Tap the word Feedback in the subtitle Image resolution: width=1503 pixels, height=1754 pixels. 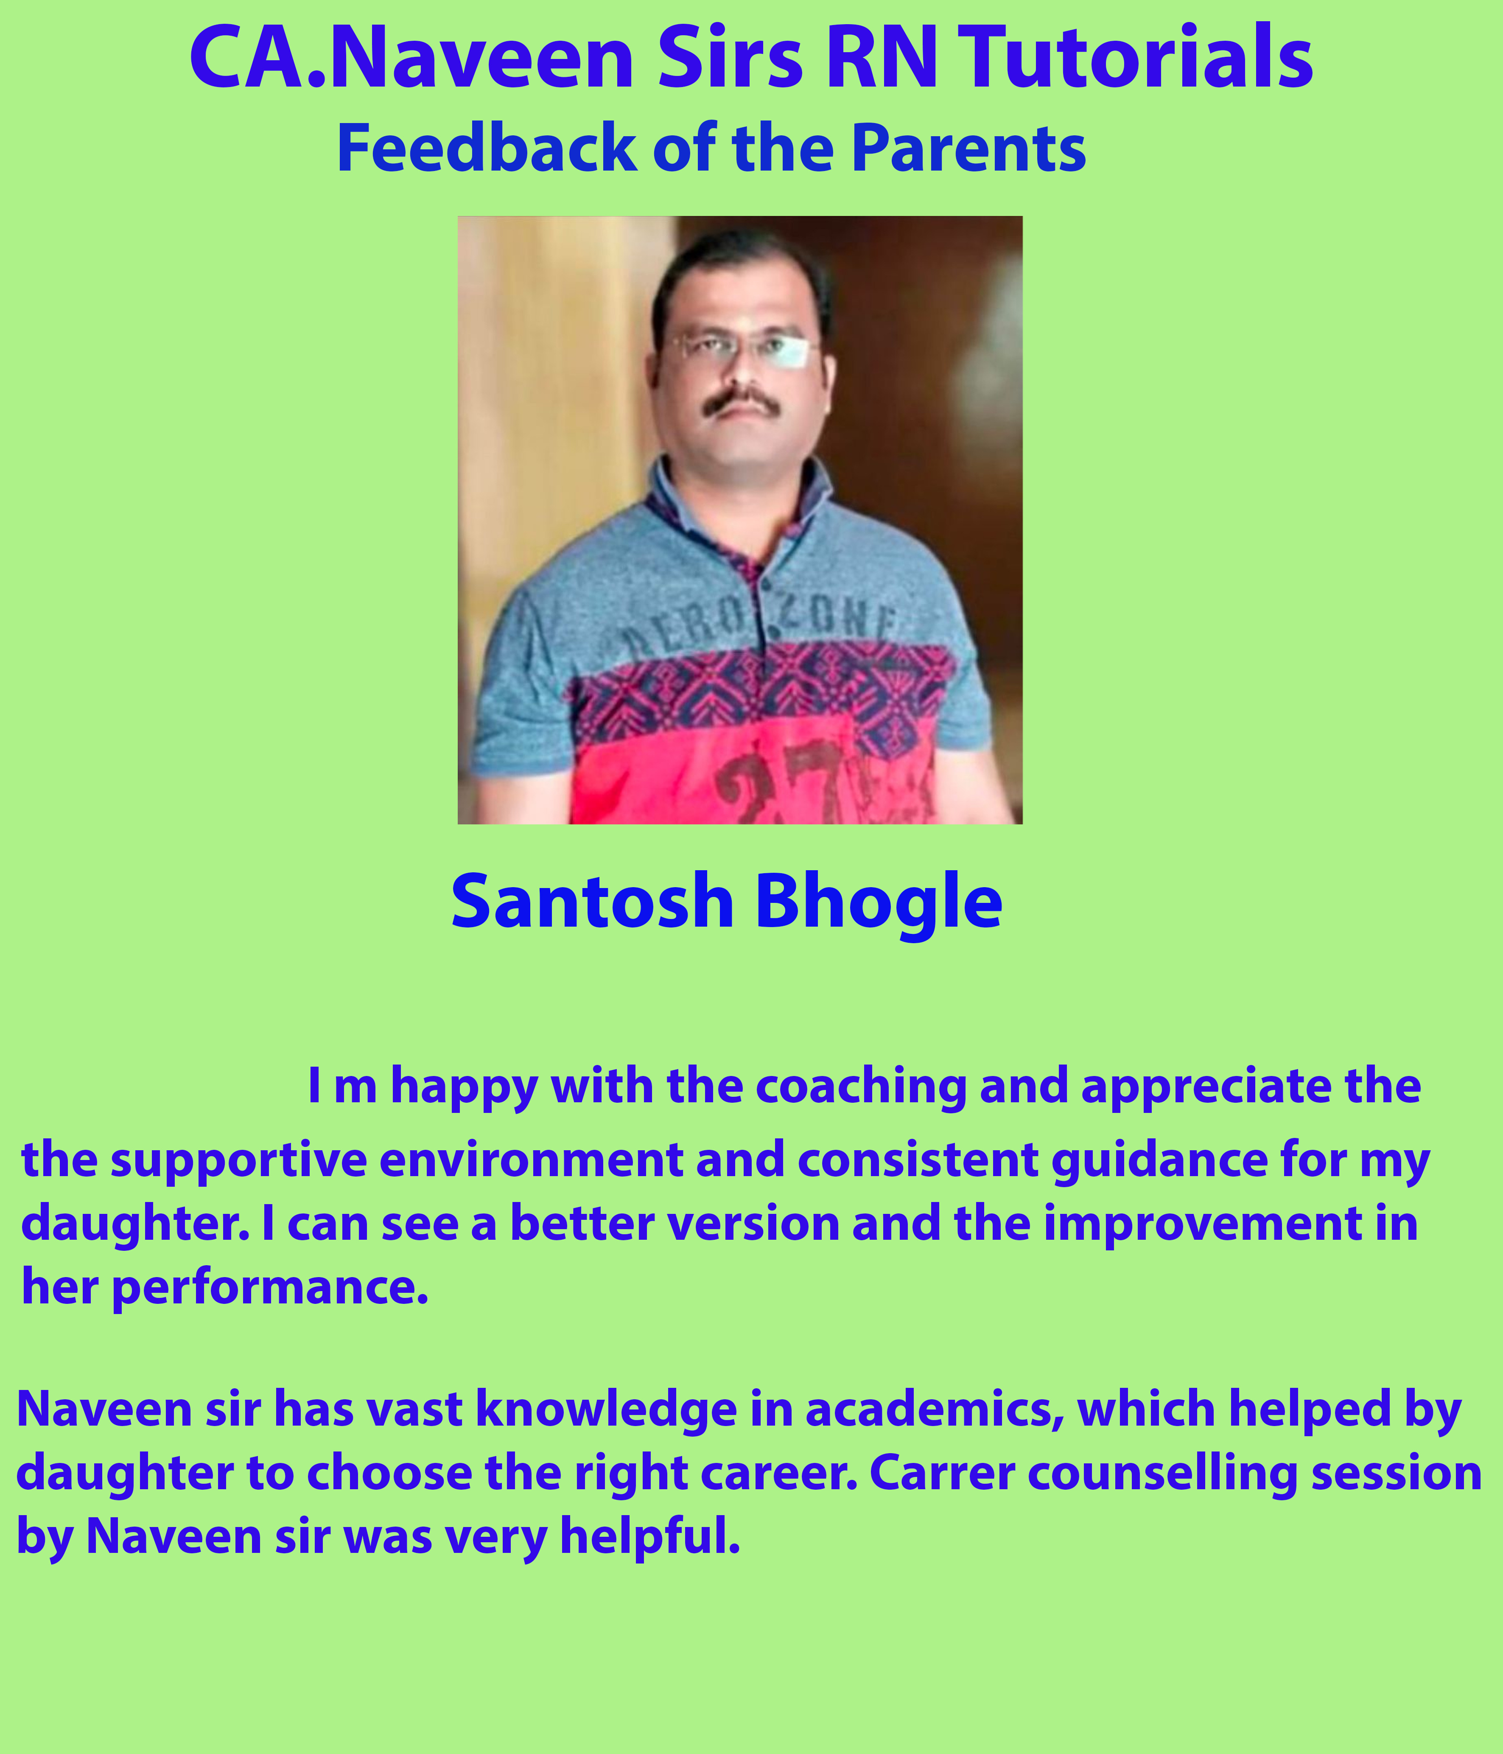coord(487,148)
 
